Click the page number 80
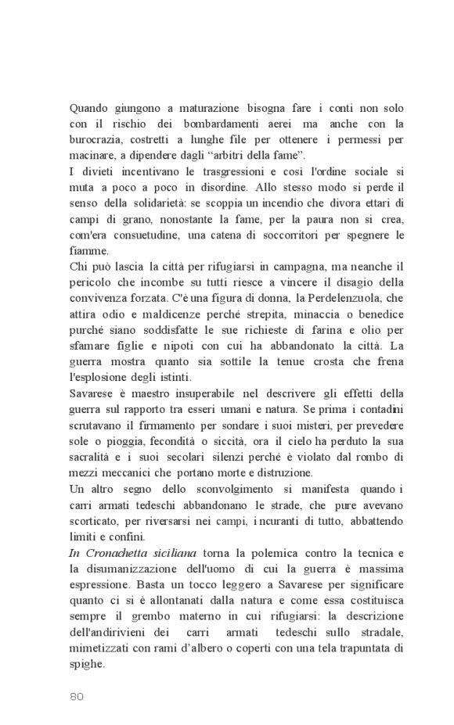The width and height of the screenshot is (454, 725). pyautogui.click(x=77, y=695)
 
